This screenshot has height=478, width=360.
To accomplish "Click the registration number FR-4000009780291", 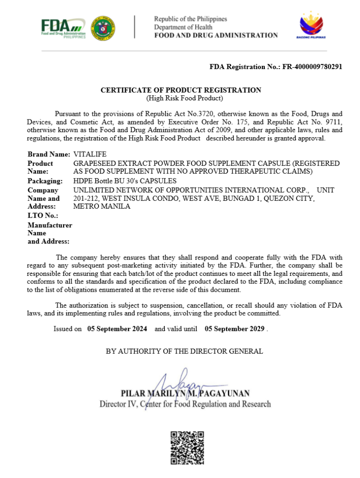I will coord(312,67).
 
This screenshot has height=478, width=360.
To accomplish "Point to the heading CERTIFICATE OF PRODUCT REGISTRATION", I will coord(181,90).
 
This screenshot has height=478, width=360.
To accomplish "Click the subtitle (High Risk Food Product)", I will coord(184,98).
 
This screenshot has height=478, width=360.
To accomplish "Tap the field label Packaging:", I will coord(45,181).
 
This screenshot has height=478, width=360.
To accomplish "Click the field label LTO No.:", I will coord(43,216).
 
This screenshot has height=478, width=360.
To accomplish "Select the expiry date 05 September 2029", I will coord(235,329).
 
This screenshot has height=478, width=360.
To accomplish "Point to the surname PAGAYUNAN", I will coord(225,394).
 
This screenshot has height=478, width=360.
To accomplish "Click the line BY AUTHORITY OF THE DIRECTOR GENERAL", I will coord(184,351).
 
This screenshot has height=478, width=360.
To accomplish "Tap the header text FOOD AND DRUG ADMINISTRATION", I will coord(216,35).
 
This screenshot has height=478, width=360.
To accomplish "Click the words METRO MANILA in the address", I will coord(102,207).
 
